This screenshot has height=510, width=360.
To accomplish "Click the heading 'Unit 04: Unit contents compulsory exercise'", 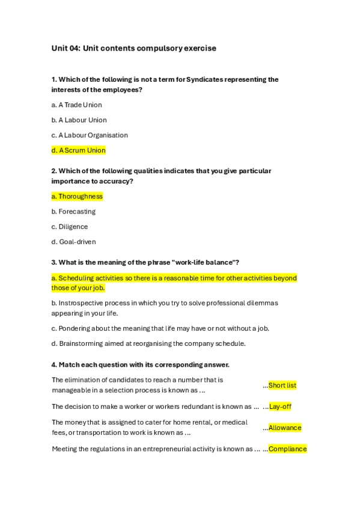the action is tap(133, 48).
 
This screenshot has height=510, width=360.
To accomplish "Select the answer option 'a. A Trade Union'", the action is tap(76, 105).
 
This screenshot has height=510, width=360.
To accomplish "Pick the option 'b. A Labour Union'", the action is tap(79, 120).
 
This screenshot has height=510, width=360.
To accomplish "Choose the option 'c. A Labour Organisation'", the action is tap(90, 135).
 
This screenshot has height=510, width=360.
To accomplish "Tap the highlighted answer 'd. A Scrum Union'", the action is tap(78, 150).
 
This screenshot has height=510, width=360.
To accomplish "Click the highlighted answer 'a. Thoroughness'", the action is tap(77, 196).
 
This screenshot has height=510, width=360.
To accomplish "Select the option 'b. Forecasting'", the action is tap(73, 212).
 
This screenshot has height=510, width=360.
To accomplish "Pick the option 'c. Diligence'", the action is tap(70, 227).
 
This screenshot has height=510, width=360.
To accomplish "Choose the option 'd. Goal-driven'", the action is tap(73, 242).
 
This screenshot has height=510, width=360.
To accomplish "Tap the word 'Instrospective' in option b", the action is tap(81, 303).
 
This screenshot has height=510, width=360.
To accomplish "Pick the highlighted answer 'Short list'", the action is tap(282, 386).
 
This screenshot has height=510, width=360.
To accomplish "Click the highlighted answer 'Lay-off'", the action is tap(280, 407).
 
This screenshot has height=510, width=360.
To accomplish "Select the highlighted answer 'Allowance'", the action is tap(285, 428).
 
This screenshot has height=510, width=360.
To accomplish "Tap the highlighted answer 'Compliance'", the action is tap(287, 449).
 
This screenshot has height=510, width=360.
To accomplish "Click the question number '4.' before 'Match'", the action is tap(54, 364).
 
